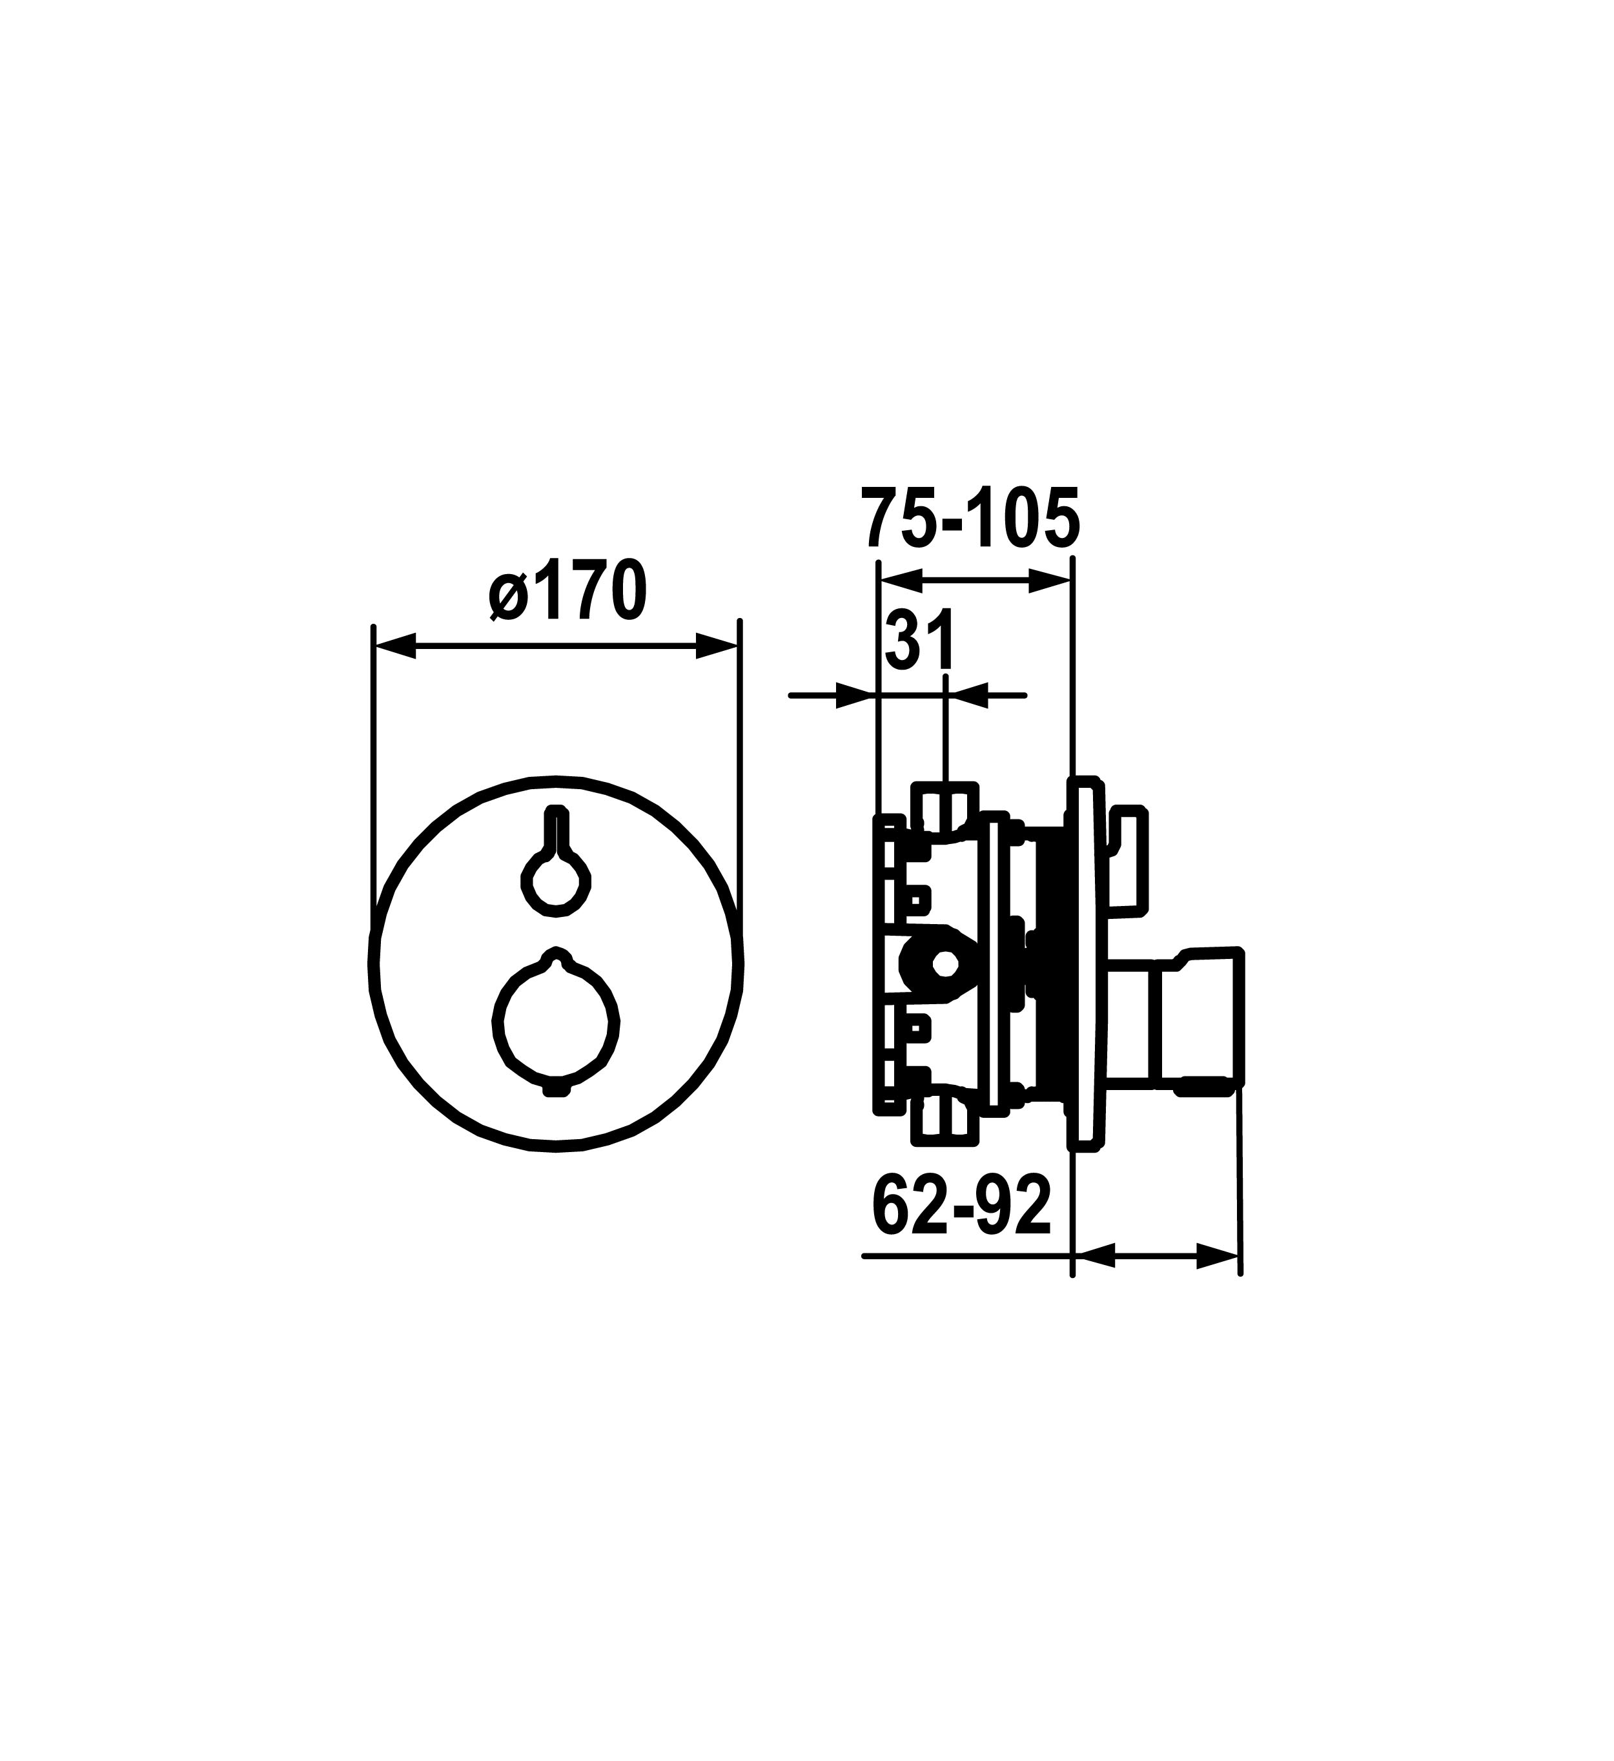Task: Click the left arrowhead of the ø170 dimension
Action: click(394, 647)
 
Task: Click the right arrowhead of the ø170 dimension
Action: click(717, 647)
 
